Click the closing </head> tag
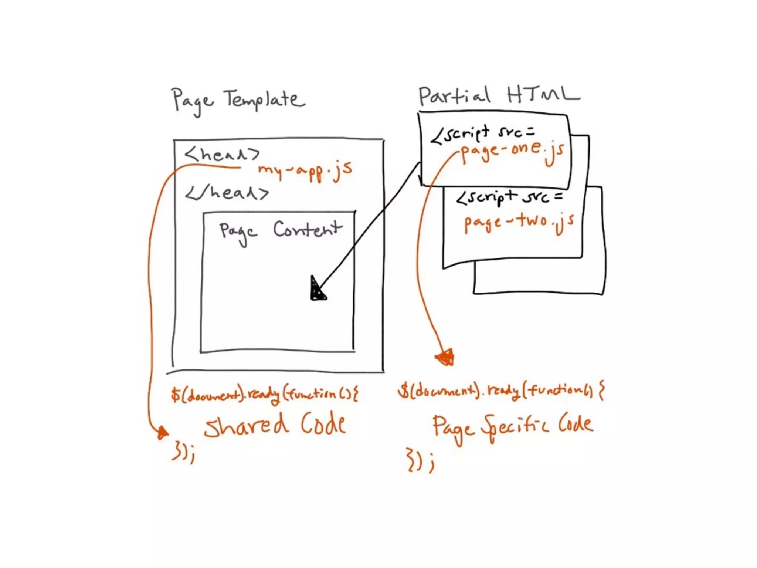click(x=227, y=193)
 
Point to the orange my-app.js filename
click(x=305, y=171)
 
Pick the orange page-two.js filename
click(x=519, y=222)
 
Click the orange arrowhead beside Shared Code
click(x=162, y=432)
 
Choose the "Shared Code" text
click(x=275, y=425)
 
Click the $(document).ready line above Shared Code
click(x=264, y=394)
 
